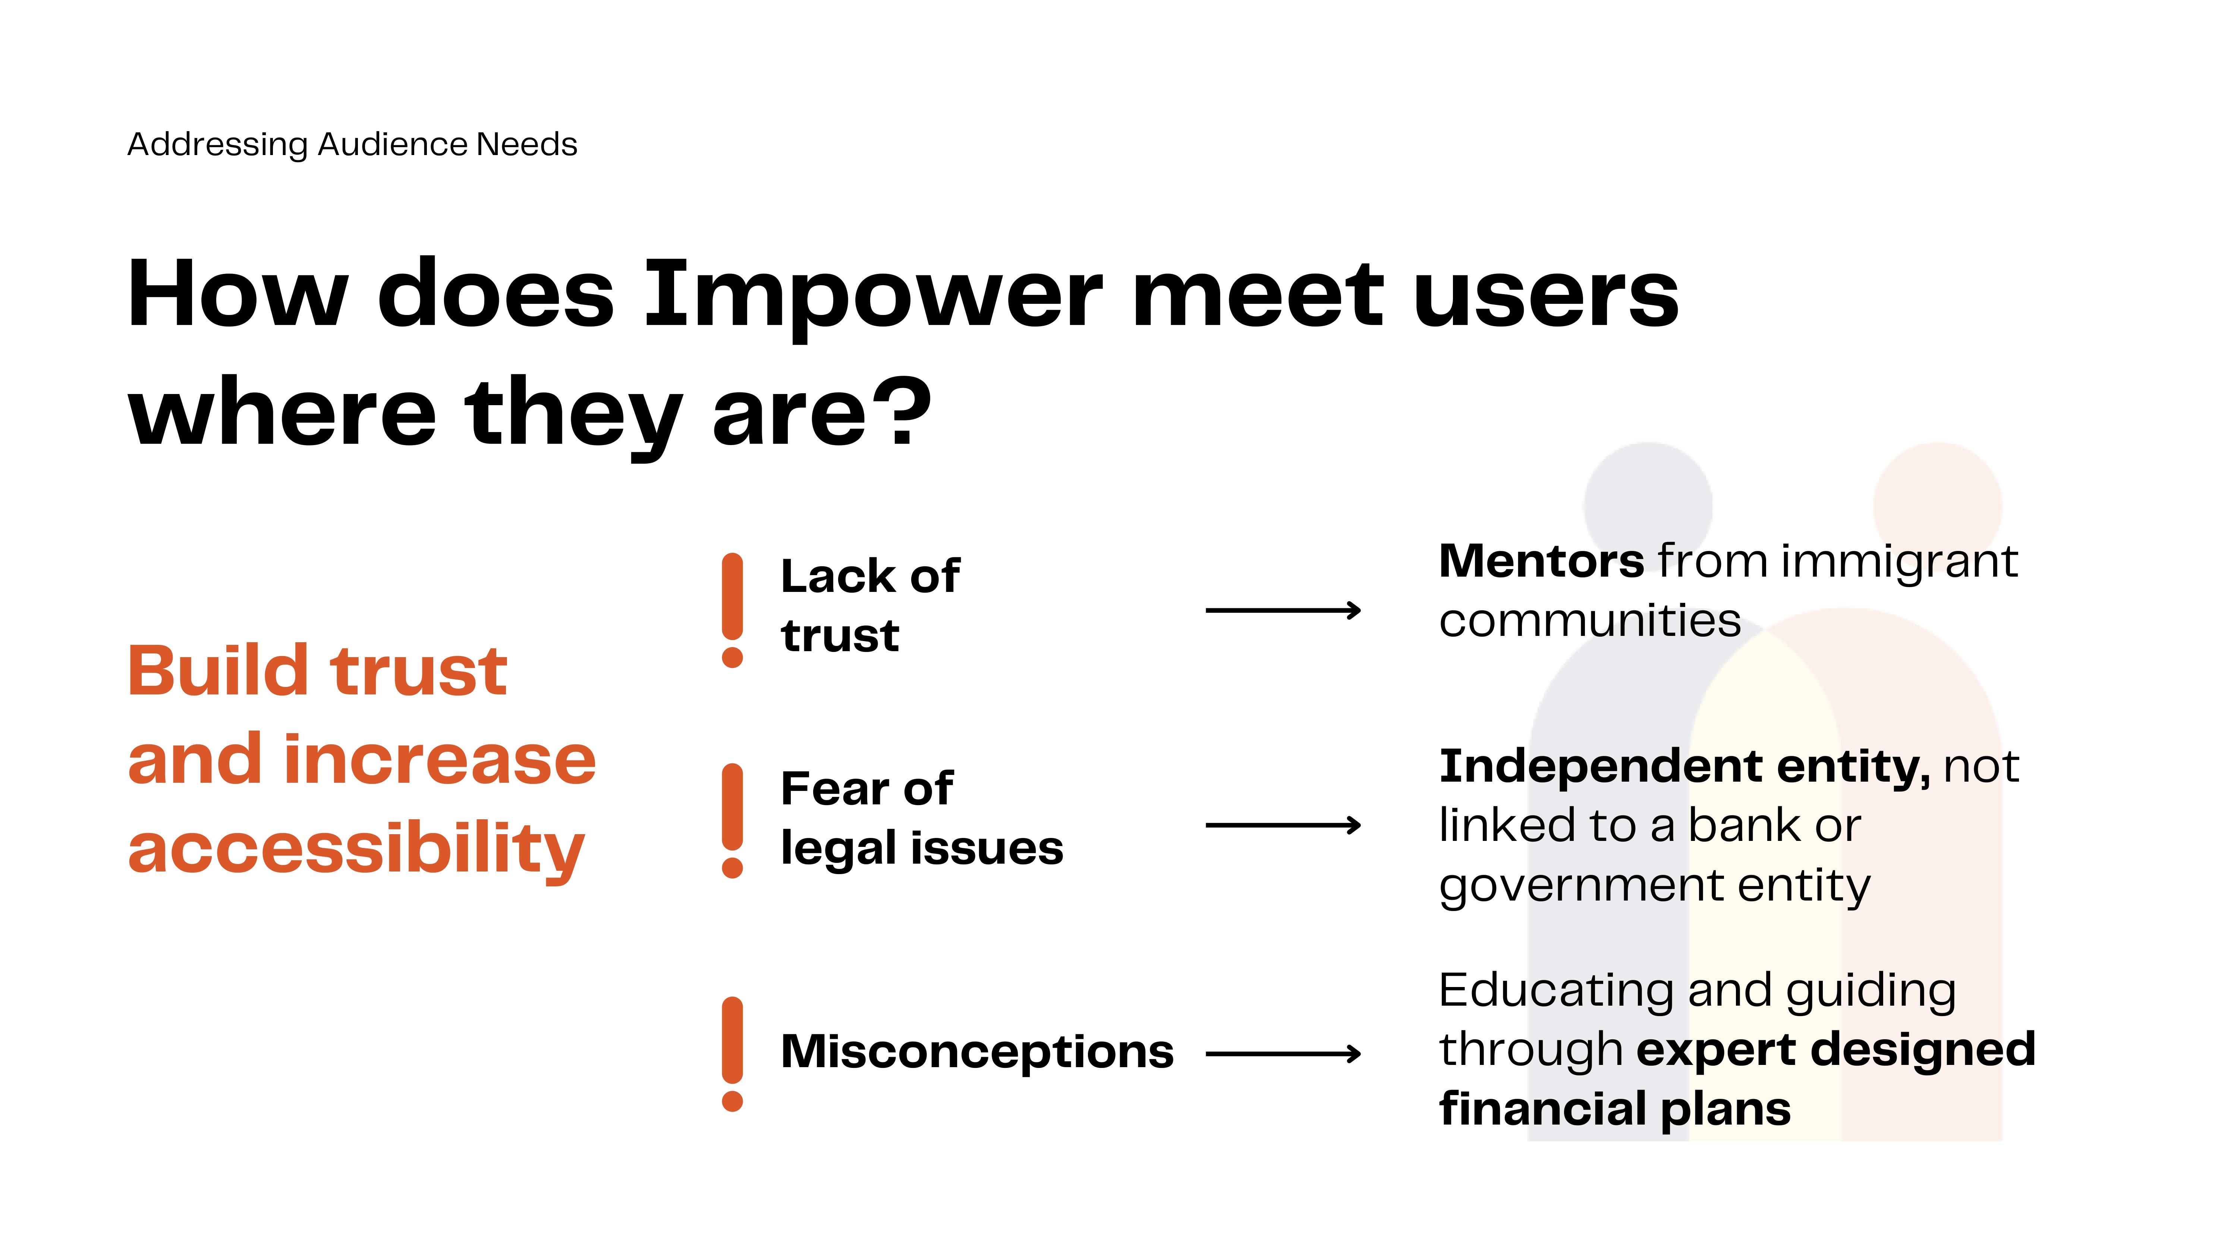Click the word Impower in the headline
pos(873,295)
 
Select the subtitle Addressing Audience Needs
pos(352,144)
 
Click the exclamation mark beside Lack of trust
pos(732,610)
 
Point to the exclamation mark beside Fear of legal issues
pos(732,820)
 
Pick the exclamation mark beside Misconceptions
pos(732,1054)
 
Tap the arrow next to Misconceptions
pos(1283,1054)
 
